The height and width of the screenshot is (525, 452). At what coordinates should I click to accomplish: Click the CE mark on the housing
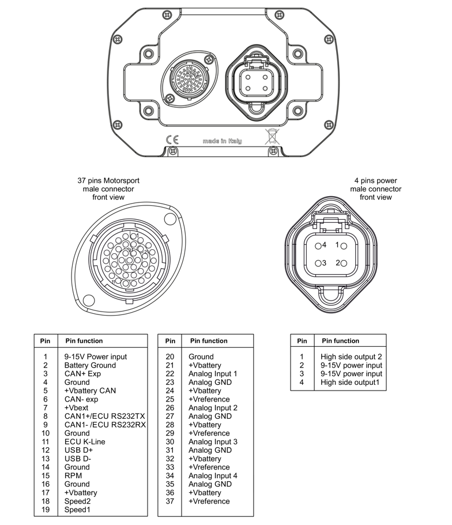click(172, 140)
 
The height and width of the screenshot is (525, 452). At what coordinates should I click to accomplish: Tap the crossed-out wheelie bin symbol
click(271, 137)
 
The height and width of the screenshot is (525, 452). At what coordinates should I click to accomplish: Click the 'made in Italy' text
click(223, 141)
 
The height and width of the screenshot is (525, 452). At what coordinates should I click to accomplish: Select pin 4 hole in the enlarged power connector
click(318, 245)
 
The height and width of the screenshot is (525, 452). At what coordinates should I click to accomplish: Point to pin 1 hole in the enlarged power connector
click(344, 245)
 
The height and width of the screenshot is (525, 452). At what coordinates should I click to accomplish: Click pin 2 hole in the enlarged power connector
click(344, 263)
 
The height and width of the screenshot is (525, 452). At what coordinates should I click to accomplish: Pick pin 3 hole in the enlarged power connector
click(318, 263)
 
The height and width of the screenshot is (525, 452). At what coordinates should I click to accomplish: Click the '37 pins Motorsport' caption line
click(108, 181)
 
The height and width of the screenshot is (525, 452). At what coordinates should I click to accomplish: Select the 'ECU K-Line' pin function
click(84, 442)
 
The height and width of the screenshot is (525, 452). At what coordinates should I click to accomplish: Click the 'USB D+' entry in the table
click(78, 450)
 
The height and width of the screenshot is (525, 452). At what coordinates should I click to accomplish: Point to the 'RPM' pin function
click(73, 476)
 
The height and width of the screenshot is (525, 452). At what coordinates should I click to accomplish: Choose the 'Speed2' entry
click(78, 501)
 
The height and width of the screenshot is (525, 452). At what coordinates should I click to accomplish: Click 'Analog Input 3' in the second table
click(213, 442)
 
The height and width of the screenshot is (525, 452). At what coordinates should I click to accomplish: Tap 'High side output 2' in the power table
click(351, 357)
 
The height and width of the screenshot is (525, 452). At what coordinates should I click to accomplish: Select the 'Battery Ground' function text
click(90, 365)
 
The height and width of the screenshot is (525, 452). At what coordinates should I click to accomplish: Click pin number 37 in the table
click(169, 501)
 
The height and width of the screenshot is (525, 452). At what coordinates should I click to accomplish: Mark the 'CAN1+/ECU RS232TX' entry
click(104, 416)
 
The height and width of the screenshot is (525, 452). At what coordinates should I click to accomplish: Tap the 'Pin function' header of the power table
click(340, 341)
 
